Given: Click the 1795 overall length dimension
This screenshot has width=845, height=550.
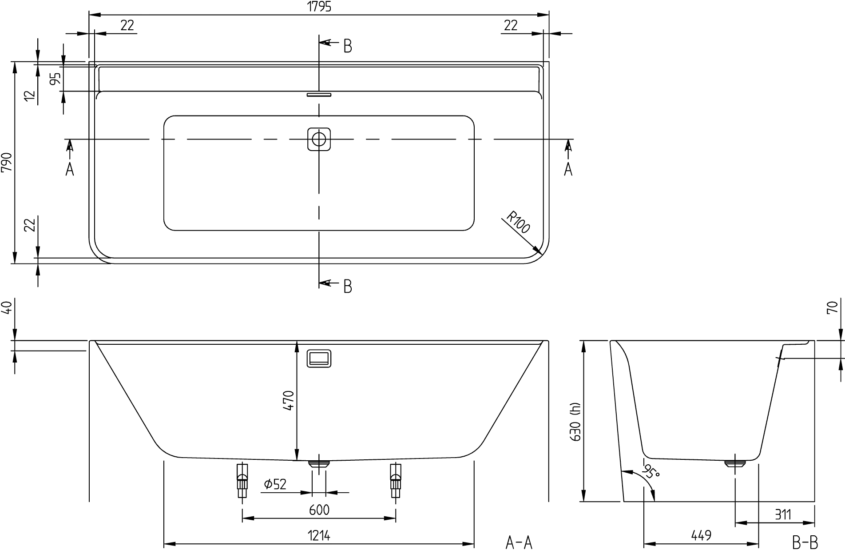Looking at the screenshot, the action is [319, 7].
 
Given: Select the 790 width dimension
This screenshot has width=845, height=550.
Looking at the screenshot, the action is [7, 163].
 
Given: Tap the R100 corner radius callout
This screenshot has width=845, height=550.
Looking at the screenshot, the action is [518, 223].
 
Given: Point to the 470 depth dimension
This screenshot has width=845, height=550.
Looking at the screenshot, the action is [289, 401].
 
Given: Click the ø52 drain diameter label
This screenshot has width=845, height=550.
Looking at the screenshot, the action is [275, 484].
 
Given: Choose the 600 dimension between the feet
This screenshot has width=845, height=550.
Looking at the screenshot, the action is [319, 510].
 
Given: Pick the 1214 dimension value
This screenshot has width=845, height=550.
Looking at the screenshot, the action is [319, 536].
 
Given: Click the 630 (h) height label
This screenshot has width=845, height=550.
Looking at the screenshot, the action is [576, 422].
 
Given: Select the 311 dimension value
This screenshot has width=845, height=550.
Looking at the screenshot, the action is [783, 514].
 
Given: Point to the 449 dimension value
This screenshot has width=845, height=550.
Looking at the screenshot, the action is [701, 536].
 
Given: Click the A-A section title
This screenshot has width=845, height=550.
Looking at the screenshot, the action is [519, 542].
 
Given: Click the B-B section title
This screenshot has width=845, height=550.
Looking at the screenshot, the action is [805, 542].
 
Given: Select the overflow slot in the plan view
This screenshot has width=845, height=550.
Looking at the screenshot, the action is [319, 95].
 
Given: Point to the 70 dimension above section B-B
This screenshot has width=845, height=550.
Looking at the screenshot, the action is [833, 307].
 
